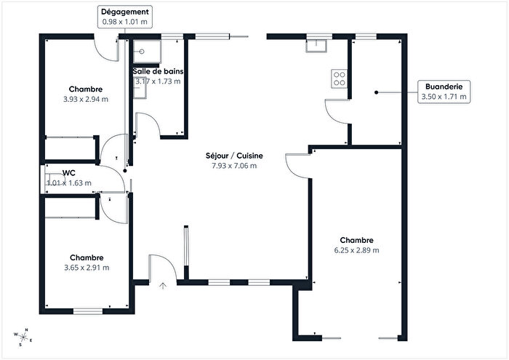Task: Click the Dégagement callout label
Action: [x=127, y=12]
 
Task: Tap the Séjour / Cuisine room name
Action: [x=233, y=156]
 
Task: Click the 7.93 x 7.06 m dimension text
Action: [x=233, y=166]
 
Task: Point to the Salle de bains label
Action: [x=158, y=71]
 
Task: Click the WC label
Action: [x=70, y=172]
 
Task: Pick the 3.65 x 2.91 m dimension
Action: [x=86, y=267]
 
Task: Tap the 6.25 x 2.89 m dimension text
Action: [x=356, y=250]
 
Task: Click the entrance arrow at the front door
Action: [x=164, y=284]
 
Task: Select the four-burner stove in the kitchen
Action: [x=339, y=78]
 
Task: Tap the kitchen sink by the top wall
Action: [x=317, y=46]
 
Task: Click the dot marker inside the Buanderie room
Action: [x=376, y=92]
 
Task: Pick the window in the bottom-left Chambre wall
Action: [x=88, y=312]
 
